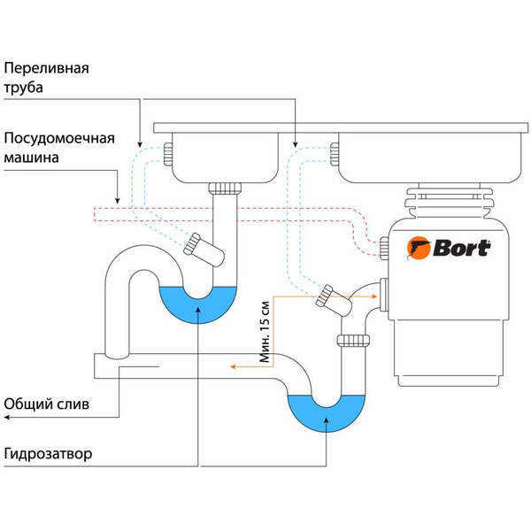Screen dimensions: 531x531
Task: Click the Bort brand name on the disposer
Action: (x=459, y=248)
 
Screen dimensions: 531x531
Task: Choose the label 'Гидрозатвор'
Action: (x=49, y=455)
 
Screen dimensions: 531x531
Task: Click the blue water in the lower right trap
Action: (x=325, y=414)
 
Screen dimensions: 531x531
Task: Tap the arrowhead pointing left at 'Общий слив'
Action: (x=5, y=414)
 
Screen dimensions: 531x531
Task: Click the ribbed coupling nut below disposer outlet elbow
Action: (x=354, y=340)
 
